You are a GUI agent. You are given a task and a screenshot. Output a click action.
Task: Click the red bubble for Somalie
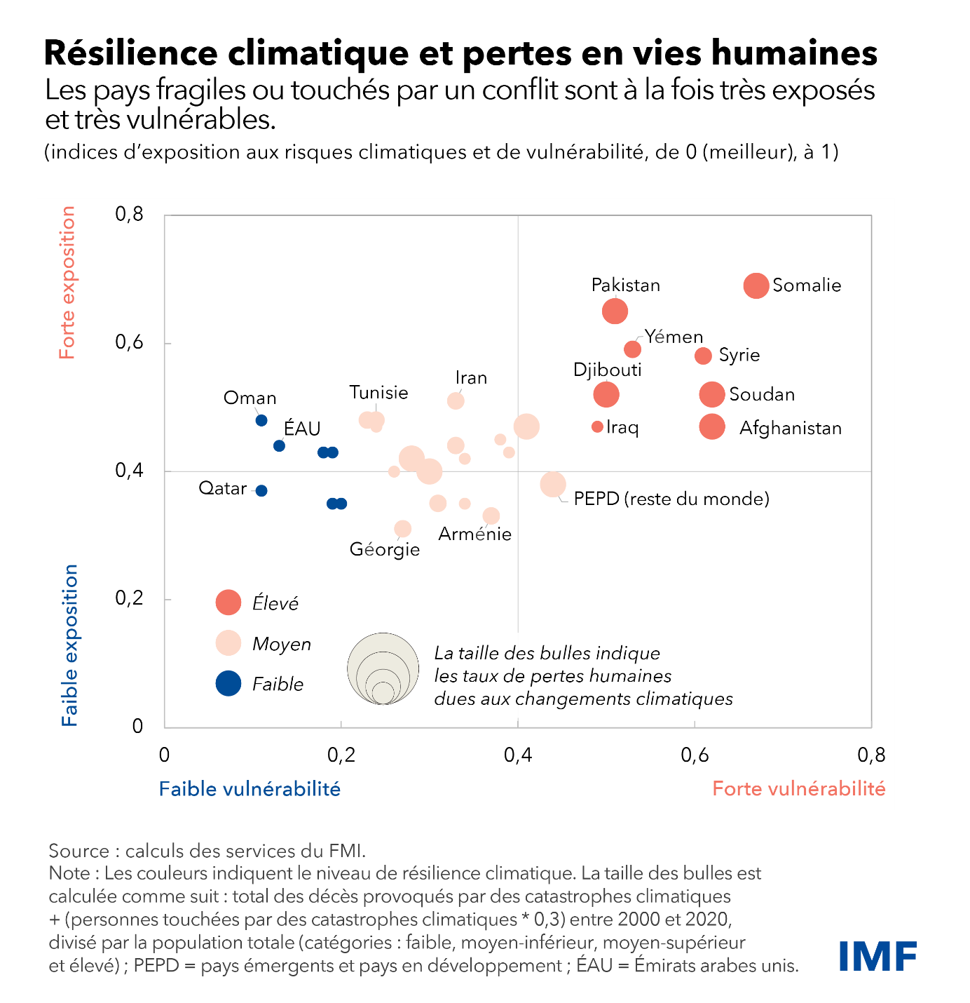coord(756,285)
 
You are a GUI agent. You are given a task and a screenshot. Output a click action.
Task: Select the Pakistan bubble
coord(615,311)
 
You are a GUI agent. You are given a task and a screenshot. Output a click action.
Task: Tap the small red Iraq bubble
coord(597,426)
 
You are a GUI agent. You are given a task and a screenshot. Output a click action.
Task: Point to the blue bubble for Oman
coord(261,420)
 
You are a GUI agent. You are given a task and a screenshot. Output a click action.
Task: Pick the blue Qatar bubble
coord(261,490)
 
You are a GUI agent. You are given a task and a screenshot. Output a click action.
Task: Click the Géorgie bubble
coord(402,528)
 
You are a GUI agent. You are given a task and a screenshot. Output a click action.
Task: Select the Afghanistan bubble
coord(712,426)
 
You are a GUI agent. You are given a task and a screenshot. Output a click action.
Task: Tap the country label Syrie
coord(739,355)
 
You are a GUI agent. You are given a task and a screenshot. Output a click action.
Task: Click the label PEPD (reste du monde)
coord(671,499)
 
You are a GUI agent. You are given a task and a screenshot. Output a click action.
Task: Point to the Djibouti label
coord(607,370)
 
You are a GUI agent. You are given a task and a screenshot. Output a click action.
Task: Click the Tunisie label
coord(378,392)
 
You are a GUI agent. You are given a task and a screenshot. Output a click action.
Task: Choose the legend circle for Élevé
coord(228,602)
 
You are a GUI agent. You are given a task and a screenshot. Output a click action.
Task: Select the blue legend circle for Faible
coord(228,683)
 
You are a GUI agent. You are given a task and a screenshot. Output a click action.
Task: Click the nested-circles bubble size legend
coord(383,668)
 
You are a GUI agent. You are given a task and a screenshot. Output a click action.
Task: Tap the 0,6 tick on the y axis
coord(129,342)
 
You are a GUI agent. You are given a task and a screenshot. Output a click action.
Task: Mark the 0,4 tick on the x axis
coord(517,755)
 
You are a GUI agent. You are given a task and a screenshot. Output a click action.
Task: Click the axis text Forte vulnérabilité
coord(798,789)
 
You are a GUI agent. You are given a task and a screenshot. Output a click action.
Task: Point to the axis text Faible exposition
coord(69,645)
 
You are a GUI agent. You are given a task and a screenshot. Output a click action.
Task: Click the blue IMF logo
coord(877,957)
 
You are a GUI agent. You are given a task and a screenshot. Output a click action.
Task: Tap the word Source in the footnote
coord(78,851)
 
